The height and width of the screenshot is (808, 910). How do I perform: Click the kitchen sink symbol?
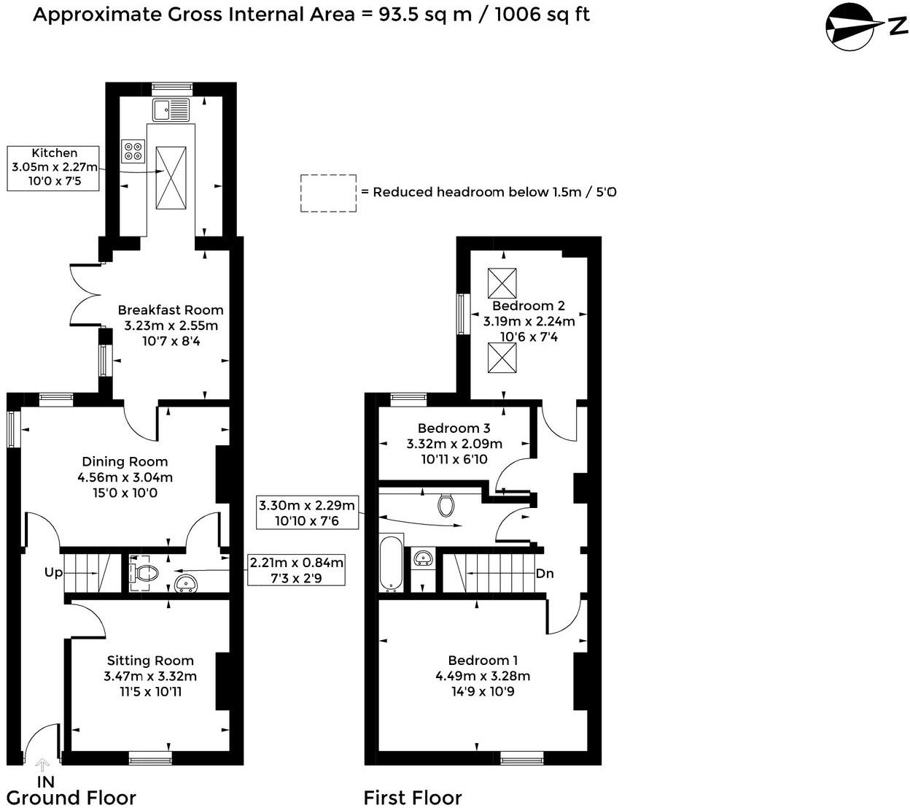171,110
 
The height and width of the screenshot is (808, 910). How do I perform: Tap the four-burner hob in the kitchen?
133,150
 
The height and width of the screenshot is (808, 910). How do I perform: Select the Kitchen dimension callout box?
53,168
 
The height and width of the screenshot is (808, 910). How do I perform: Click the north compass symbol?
851,27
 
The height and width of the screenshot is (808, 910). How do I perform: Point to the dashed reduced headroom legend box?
328,193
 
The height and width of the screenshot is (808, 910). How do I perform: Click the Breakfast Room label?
171,310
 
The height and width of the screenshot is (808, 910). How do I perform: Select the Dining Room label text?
125,462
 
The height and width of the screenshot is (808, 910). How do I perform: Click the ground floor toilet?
143,572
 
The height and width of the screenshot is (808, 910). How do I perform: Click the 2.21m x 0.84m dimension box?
296,570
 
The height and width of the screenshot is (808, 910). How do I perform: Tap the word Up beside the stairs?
53,572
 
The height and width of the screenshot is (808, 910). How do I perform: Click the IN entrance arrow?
42,765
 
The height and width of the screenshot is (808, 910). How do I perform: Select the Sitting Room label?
150,661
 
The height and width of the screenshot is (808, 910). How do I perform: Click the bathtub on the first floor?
390,563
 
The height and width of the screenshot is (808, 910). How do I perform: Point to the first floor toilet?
446,504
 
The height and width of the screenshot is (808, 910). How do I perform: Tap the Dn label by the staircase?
545,574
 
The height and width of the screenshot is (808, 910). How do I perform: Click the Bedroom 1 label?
483,661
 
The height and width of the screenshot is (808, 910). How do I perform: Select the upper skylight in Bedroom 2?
502,282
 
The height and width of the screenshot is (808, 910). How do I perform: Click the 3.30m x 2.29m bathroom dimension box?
308,512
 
